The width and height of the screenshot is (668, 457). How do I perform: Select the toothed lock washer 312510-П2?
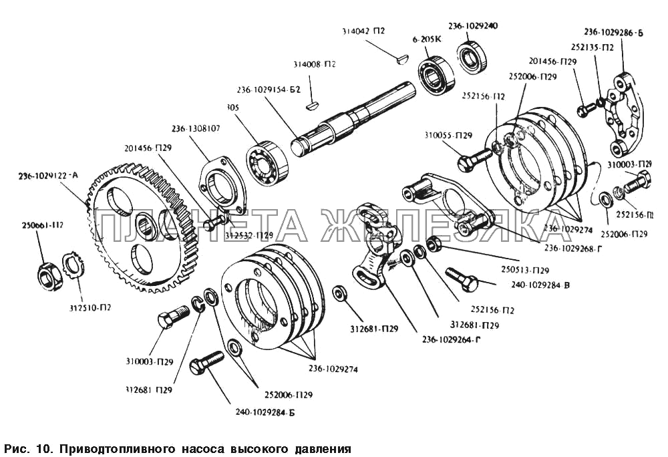(71, 266)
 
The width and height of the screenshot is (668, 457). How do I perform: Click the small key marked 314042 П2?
(399, 59)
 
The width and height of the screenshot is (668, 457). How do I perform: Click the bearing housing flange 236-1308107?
(222, 184)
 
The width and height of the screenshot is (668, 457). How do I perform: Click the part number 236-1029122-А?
(49, 176)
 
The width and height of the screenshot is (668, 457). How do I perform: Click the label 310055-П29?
(448, 136)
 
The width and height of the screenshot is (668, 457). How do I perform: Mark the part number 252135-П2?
(592, 47)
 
